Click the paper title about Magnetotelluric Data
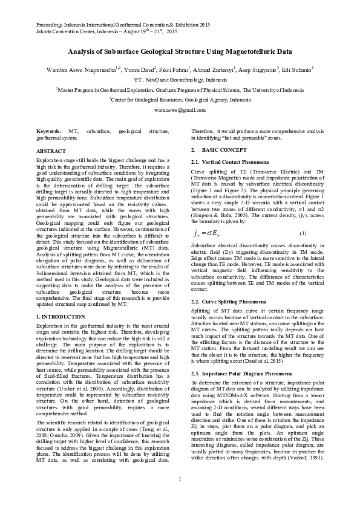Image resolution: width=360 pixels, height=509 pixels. (x=180, y=53)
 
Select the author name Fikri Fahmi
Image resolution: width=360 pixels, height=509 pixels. (x=176, y=70)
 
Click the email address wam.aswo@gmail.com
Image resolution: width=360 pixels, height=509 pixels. (x=180, y=111)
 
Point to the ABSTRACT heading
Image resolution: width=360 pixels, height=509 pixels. (x=51, y=150)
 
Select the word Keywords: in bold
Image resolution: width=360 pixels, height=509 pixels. (x=49, y=131)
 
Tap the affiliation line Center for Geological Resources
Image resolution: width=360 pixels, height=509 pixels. (x=180, y=99)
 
